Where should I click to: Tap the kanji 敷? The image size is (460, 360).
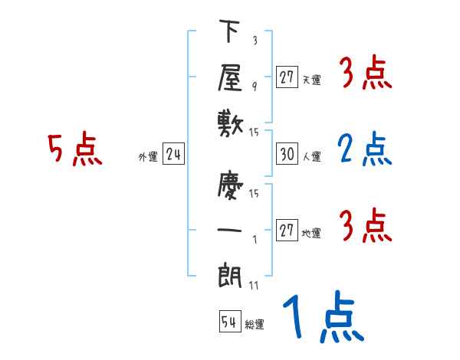pyautogui.click(x=229, y=122)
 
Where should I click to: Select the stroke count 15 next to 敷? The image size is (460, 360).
pyautogui.click(x=254, y=132)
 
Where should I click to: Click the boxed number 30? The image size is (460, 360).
pyautogui.click(x=287, y=154)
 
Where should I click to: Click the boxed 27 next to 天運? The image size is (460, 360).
pyautogui.click(x=287, y=77)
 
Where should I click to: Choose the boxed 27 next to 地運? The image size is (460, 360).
pyautogui.click(x=287, y=231)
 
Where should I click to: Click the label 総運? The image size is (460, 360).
pyautogui.click(x=255, y=325)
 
